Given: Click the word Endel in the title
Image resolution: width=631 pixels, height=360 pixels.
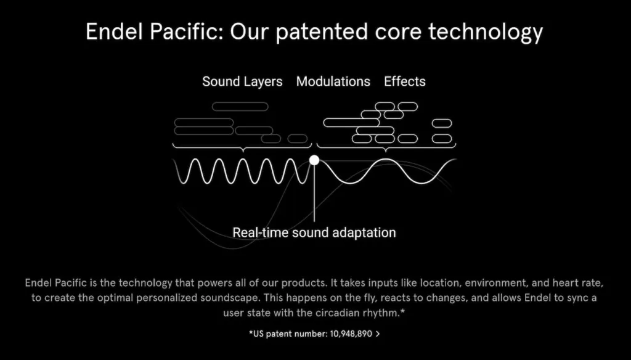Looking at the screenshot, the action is [115, 31].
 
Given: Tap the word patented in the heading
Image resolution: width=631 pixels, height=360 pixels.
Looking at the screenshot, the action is [322, 32].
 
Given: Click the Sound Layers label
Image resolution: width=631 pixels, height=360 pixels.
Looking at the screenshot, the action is [242, 82].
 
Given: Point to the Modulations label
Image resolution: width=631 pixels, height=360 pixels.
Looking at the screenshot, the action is [333, 81].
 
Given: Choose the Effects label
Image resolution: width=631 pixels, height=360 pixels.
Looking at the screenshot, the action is [405, 81].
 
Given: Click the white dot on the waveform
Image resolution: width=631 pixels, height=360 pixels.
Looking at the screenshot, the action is [314, 160].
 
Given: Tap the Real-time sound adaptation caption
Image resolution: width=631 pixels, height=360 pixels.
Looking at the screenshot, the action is [314, 233].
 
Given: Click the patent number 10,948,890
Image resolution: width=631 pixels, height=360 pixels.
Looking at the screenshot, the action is [351, 334].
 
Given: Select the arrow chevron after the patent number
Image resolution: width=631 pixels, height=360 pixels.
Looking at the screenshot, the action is [378, 334].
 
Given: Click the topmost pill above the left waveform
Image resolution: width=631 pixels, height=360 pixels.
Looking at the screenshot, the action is [240, 107].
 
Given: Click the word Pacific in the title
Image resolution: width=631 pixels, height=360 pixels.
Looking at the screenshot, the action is [186, 31].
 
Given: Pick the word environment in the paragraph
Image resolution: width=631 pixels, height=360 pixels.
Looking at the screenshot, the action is [496, 283].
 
